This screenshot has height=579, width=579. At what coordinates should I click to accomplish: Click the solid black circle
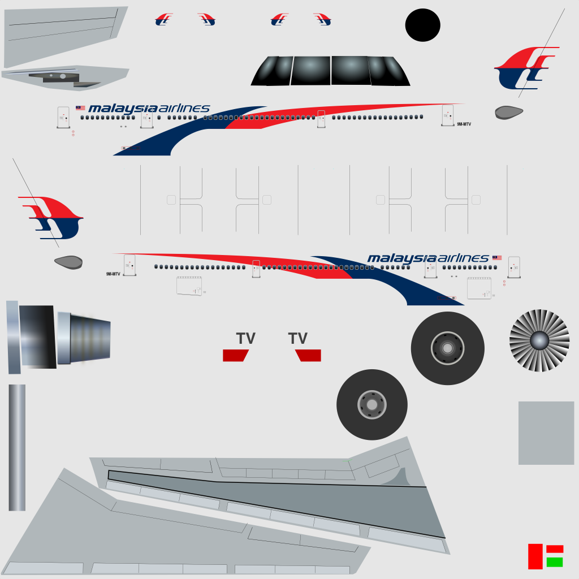tap(422, 25)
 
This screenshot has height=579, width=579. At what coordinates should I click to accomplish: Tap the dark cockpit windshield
tap(330, 71)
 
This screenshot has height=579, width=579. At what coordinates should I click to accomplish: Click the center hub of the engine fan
tap(539, 340)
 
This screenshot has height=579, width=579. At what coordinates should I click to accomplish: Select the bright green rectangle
tap(555, 562)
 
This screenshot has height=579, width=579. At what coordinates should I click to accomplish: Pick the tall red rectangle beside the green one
tap(535, 556)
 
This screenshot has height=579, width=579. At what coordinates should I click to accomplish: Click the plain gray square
tap(546, 433)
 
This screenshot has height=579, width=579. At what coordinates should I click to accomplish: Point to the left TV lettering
tap(245, 339)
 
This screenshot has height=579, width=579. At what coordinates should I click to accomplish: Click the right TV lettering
tap(297, 339)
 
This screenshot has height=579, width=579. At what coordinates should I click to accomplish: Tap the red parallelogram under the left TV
tap(236, 355)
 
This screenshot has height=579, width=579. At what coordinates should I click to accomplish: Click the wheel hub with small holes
tap(371, 404)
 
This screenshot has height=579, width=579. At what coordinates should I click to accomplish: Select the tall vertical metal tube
tap(17, 447)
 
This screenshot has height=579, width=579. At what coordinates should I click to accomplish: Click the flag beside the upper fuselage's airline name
tap(80, 107)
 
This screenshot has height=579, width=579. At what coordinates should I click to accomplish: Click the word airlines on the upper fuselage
tap(184, 108)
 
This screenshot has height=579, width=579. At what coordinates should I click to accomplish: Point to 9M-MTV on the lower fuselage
tap(113, 274)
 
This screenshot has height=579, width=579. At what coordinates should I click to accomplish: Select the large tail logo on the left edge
tap(52, 217)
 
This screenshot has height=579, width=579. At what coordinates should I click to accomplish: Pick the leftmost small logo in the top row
tap(164, 20)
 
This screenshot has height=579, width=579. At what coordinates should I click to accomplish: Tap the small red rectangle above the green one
tap(555, 548)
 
